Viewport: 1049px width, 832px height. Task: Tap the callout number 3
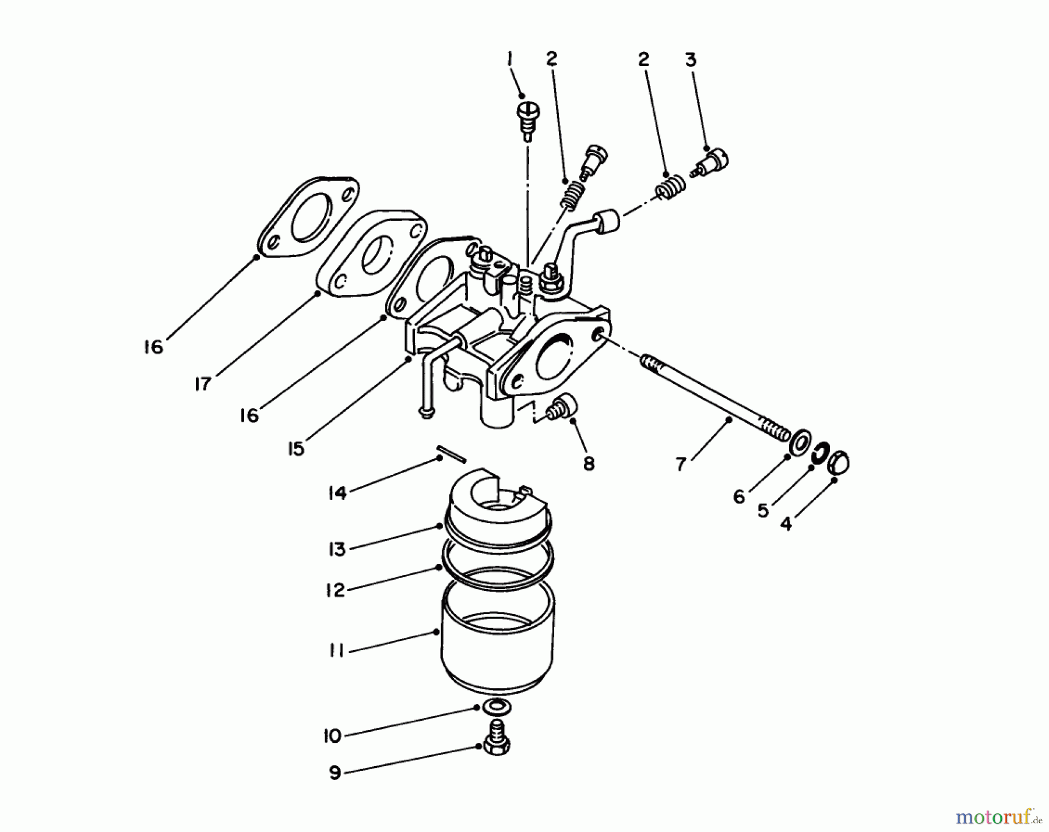[x=691, y=59]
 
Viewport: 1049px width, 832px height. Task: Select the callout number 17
[x=202, y=385]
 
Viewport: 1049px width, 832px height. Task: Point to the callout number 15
[x=296, y=449]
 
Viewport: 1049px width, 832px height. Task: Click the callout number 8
[x=589, y=464]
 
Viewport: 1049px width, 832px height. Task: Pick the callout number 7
[x=681, y=464]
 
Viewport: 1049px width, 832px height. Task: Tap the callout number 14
[x=337, y=493]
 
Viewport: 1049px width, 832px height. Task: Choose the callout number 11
[x=337, y=651]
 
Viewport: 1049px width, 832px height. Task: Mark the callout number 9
[x=335, y=773]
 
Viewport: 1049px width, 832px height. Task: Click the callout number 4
[x=786, y=524]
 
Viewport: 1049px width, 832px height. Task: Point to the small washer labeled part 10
[x=495, y=707]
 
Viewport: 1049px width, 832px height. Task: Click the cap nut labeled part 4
[x=839, y=463]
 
